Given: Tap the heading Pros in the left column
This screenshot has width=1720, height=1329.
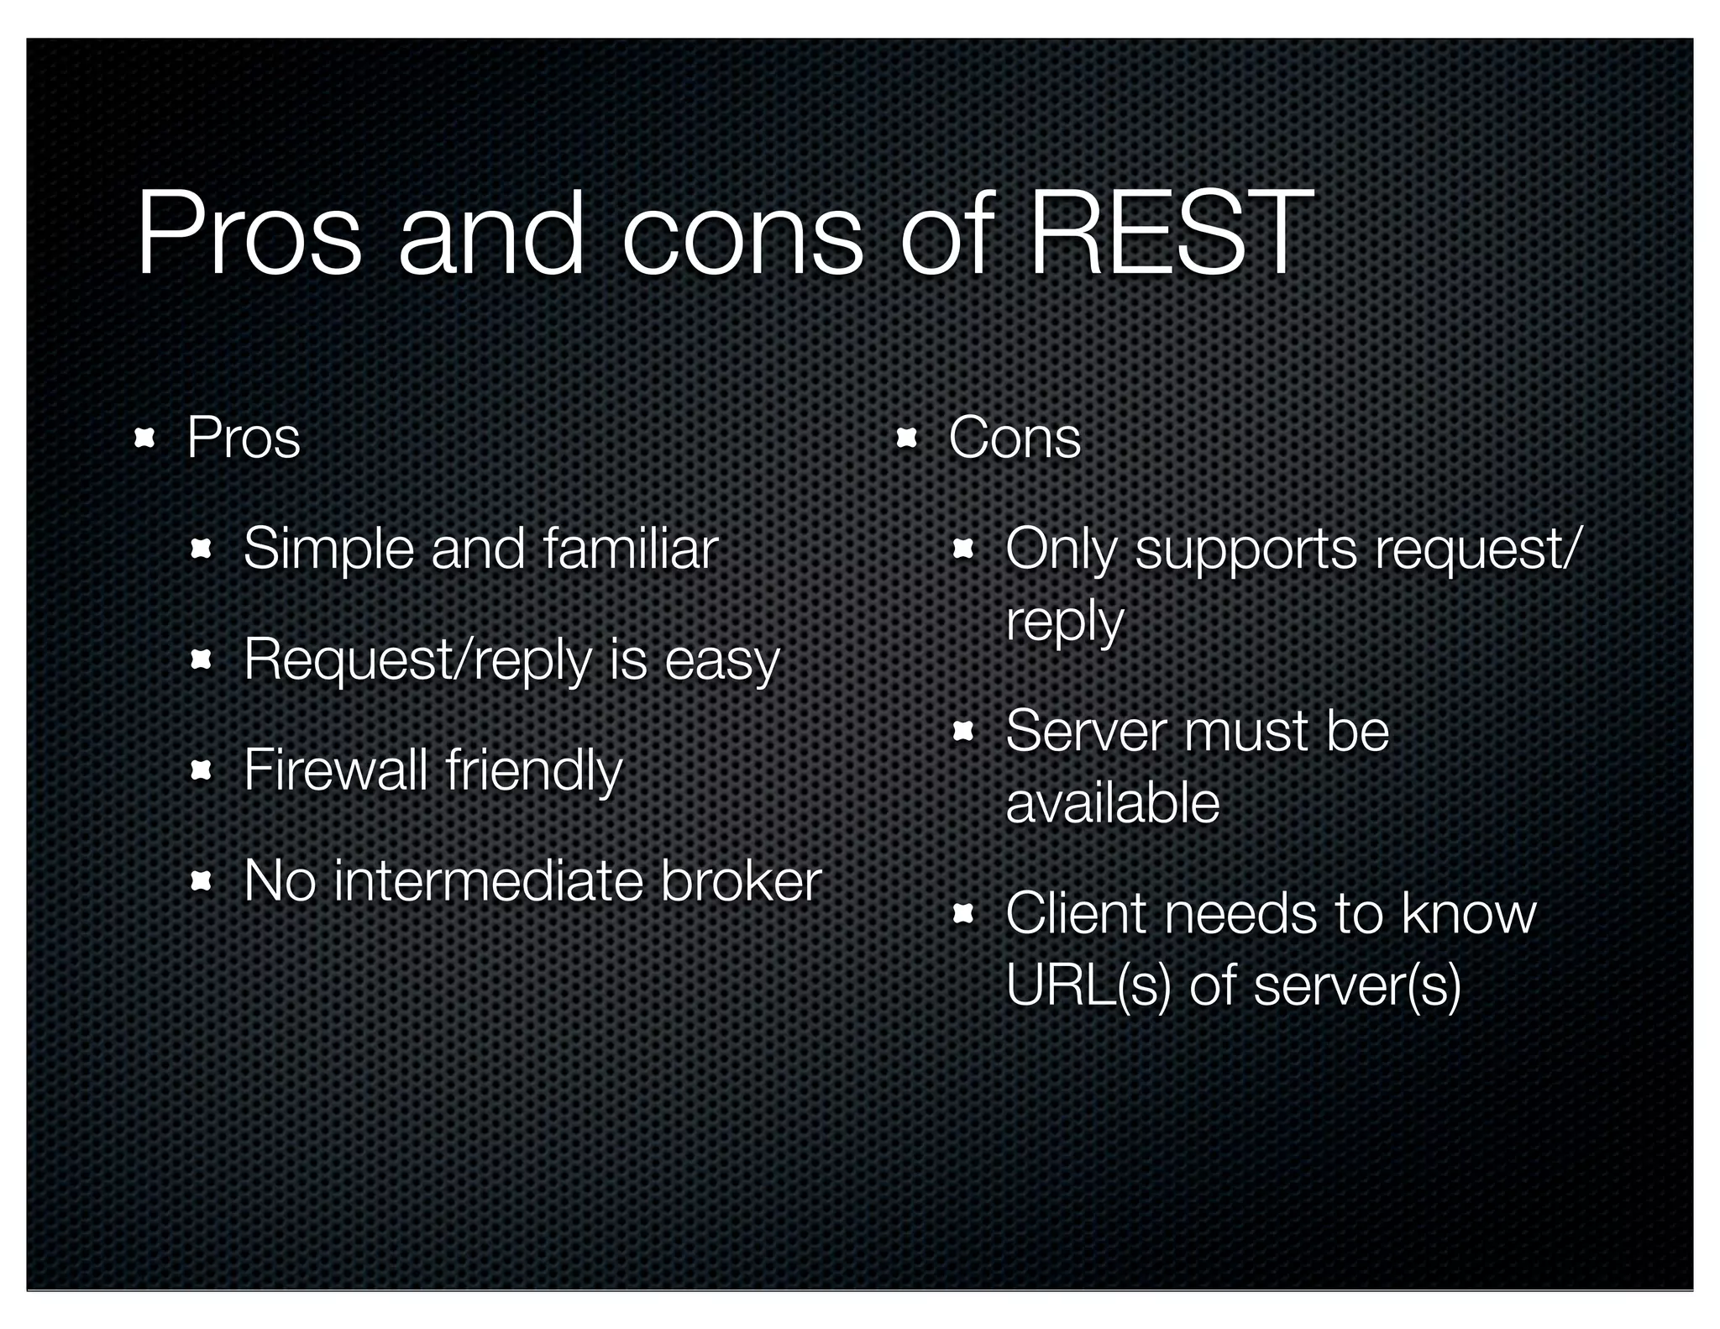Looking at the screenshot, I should point(243,438).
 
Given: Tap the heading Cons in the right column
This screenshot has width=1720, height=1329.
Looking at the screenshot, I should point(1015,438).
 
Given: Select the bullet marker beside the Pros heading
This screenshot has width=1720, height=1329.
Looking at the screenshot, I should point(145,438).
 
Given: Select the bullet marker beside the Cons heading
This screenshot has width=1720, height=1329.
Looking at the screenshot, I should point(906,438).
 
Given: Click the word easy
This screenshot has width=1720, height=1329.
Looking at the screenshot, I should point(722,661).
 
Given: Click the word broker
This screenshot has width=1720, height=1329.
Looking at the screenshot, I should point(740,881).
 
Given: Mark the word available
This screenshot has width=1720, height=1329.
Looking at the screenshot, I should point(1112,803).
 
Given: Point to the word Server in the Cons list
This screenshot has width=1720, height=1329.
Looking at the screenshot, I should point(1084,731).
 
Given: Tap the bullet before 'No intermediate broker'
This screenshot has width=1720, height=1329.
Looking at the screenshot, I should point(201,881).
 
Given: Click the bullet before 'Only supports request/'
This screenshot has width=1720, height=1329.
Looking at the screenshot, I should point(962,550).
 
